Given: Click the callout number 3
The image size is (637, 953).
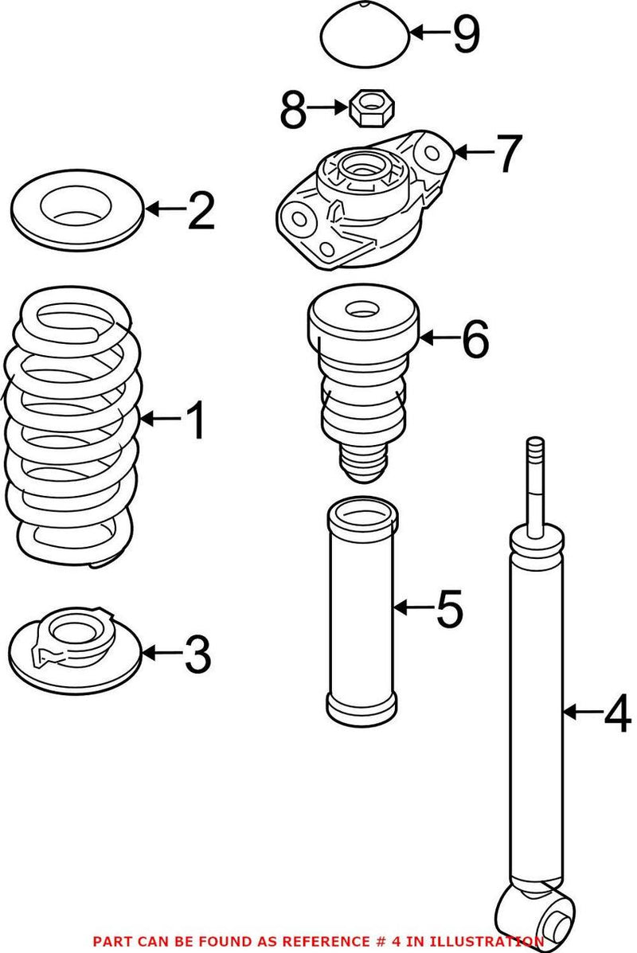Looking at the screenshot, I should [x=197, y=654].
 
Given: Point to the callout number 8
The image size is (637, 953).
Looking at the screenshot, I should [x=292, y=110].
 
